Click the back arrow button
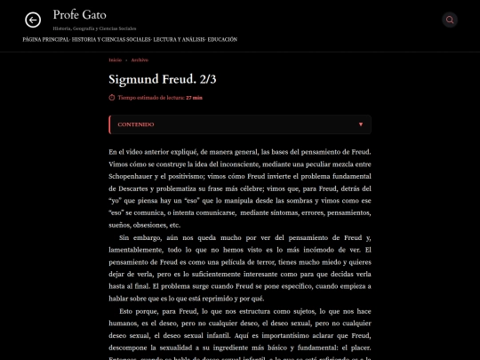click(x=33, y=20)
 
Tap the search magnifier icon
click(x=450, y=20)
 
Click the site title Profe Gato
click(x=78, y=15)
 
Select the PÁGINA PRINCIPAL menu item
click(x=45, y=40)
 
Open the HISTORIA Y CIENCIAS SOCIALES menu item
click(x=111, y=40)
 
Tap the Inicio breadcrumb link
click(x=115, y=60)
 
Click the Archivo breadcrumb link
click(x=140, y=60)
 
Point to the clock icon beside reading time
click(x=112, y=98)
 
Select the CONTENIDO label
click(x=136, y=124)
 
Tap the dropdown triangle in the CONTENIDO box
click(x=361, y=124)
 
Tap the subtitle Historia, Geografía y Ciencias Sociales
click(x=94, y=28)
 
